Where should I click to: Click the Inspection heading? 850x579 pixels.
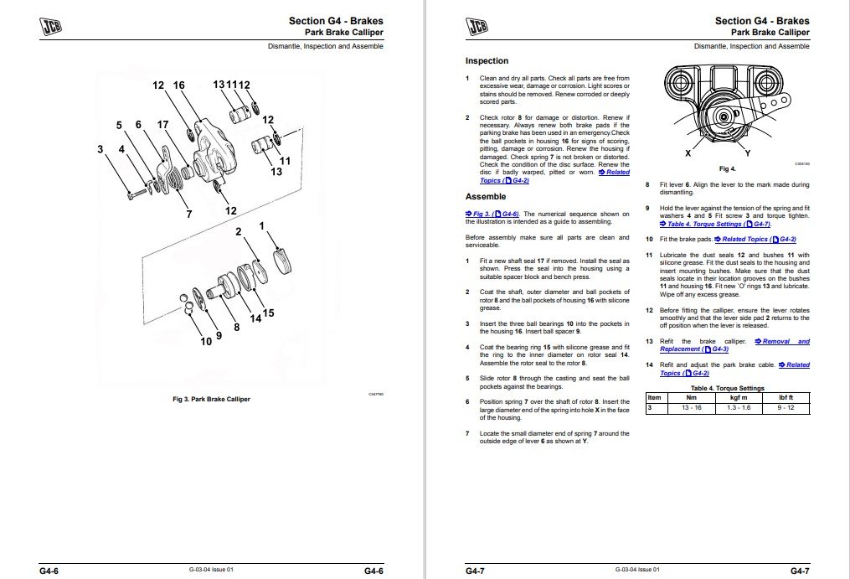point(487,61)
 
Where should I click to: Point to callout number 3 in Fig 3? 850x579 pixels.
point(100,150)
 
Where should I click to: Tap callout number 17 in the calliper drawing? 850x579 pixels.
point(162,125)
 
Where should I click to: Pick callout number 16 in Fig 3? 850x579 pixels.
point(178,85)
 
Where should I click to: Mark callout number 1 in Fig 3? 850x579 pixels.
point(262,226)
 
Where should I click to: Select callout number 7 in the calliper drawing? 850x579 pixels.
point(189,214)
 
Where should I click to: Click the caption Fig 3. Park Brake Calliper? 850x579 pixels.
point(211,399)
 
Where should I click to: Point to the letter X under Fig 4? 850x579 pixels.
point(688,154)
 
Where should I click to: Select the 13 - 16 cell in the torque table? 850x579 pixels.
point(692,408)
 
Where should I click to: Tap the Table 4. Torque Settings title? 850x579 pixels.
point(727,389)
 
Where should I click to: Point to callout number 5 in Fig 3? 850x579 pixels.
point(119,125)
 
